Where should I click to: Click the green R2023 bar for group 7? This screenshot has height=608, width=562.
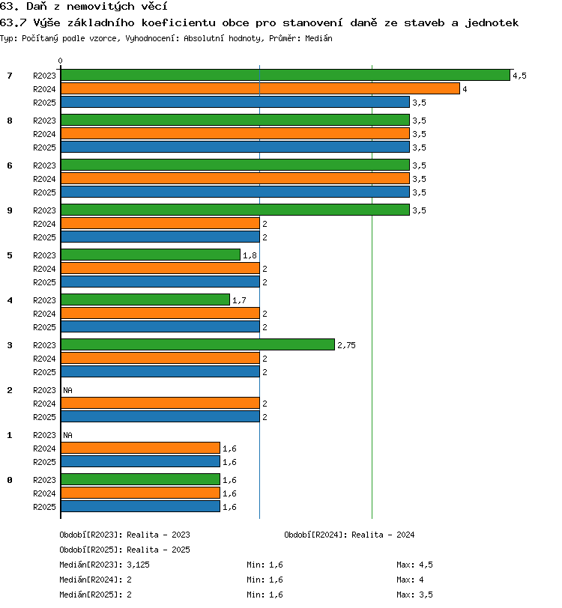(x=285, y=75)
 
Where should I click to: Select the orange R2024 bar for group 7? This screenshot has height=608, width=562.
(x=261, y=89)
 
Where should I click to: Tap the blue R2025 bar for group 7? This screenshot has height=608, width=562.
(x=235, y=103)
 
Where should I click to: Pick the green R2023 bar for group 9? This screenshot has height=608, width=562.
(x=235, y=210)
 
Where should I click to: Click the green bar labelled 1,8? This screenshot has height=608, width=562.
(x=151, y=255)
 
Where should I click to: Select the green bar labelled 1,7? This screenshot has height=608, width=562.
(x=145, y=300)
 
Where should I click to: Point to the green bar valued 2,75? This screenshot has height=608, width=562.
(x=198, y=345)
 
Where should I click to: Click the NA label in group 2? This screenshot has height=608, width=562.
(x=68, y=390)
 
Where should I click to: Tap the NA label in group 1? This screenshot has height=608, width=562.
(x=68, y=435)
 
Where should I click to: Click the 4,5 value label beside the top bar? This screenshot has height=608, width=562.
(x=520, y=76)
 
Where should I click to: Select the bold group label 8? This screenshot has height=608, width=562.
(x=10, y=121)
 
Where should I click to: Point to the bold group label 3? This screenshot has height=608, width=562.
(x=10, y=345)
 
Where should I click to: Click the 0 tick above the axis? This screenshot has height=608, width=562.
(x=60, y=61)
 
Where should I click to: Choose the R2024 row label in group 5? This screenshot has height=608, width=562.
(x=44, y=269)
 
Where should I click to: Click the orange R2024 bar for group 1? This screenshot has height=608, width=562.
(x=141, y=449)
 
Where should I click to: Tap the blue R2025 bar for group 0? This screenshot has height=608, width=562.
(x=141, y=506)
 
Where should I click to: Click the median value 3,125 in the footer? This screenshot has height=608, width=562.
(x=138, y=565)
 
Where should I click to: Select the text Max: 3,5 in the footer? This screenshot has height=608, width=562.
(x=414, y=595)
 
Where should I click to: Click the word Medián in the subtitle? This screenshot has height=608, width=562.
(x=318, y=38)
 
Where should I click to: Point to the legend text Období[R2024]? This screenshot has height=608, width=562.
(x=316, y=535)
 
